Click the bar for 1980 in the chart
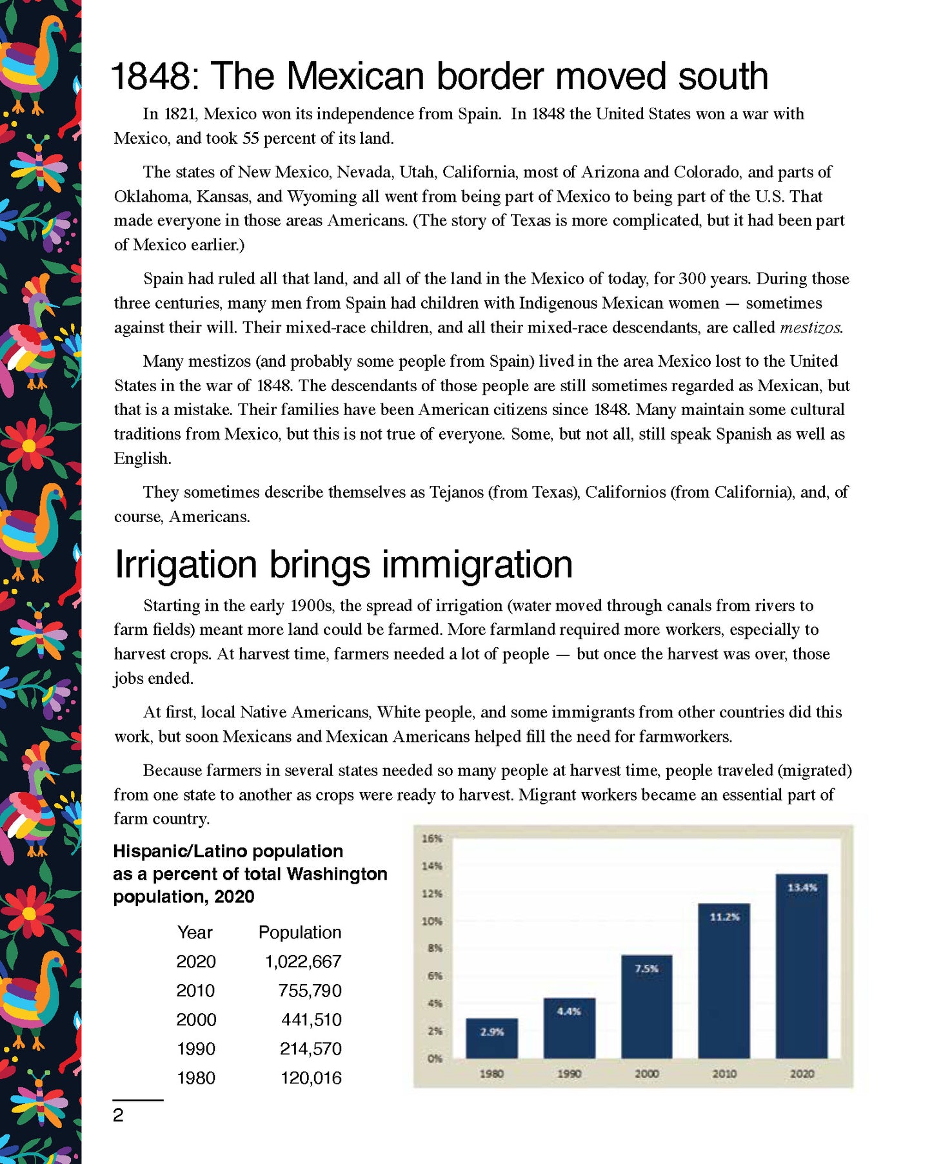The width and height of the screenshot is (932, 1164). tap(491, 1038)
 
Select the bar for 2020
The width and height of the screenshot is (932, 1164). tap(802, 967)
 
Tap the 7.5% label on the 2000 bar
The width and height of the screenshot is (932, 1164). tap(646, 969)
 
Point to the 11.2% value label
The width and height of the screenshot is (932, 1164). tap(724, 917)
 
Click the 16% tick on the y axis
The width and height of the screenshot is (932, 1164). tap(431, 839)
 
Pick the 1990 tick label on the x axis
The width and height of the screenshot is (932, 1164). tap(569, 1074)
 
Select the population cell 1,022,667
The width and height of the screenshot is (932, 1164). tap(303, 962)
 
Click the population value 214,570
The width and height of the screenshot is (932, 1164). tap(310, 1049)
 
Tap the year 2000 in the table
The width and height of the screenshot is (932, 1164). tap(196, 1020)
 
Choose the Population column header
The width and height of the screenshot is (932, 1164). tap(300, 933)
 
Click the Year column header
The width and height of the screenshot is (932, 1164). tap(195, 933)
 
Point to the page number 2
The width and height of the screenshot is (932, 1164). tap(118, 1115)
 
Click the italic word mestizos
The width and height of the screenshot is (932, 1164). tap(811, 327)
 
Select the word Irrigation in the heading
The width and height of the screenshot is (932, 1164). tap(186, 565)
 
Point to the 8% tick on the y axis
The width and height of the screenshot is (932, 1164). tap(434, 948)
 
